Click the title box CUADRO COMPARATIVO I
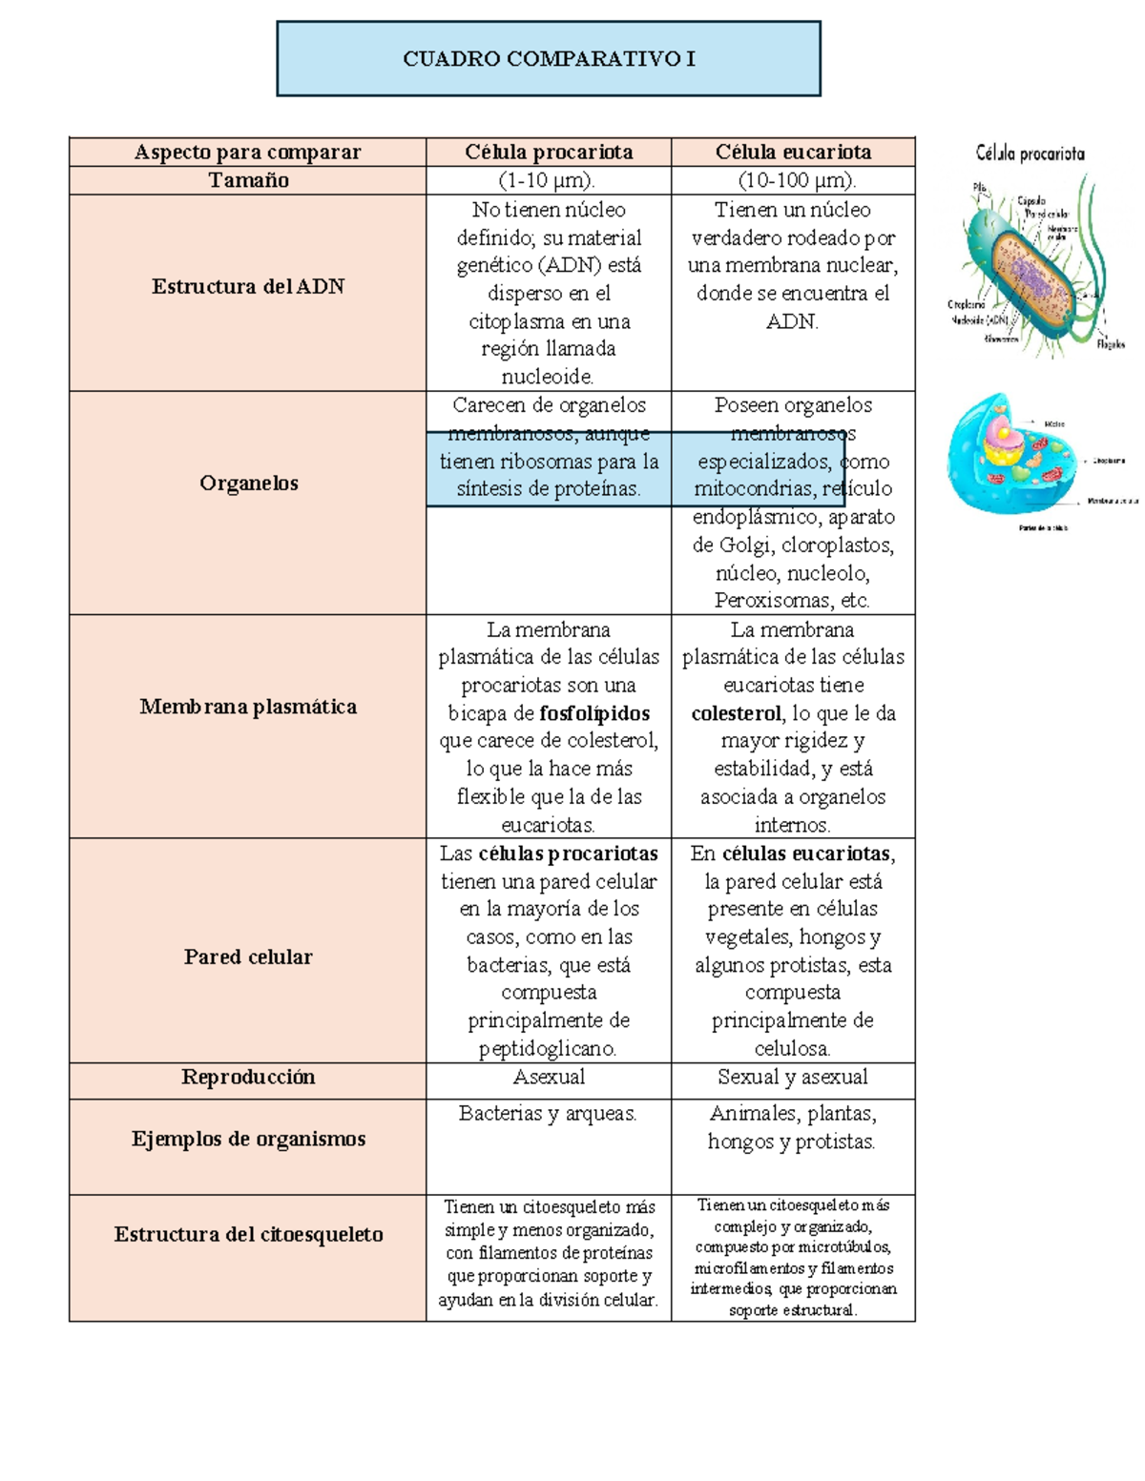coord(549,59)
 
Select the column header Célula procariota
coord(549,153)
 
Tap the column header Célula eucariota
coord(793,153)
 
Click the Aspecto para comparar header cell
coord(247,153)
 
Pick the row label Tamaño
coord(248,180)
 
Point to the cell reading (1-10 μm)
coord(548,180)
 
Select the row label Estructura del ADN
coord(248,286)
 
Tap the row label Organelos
coord(248,483)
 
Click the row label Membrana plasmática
coord(248,707)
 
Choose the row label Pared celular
coord(248,956)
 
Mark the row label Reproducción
coord(248,1077)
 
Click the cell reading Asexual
coord(549,1078)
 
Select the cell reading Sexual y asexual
coord(793,1078)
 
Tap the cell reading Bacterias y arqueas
coord(548,1114)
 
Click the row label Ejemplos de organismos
coord(248,1139)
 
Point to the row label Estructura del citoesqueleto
coord(248,1234)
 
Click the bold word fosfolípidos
coord(594,713)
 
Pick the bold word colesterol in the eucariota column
coord(736,713)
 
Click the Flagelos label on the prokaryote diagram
coord(1110,344)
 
